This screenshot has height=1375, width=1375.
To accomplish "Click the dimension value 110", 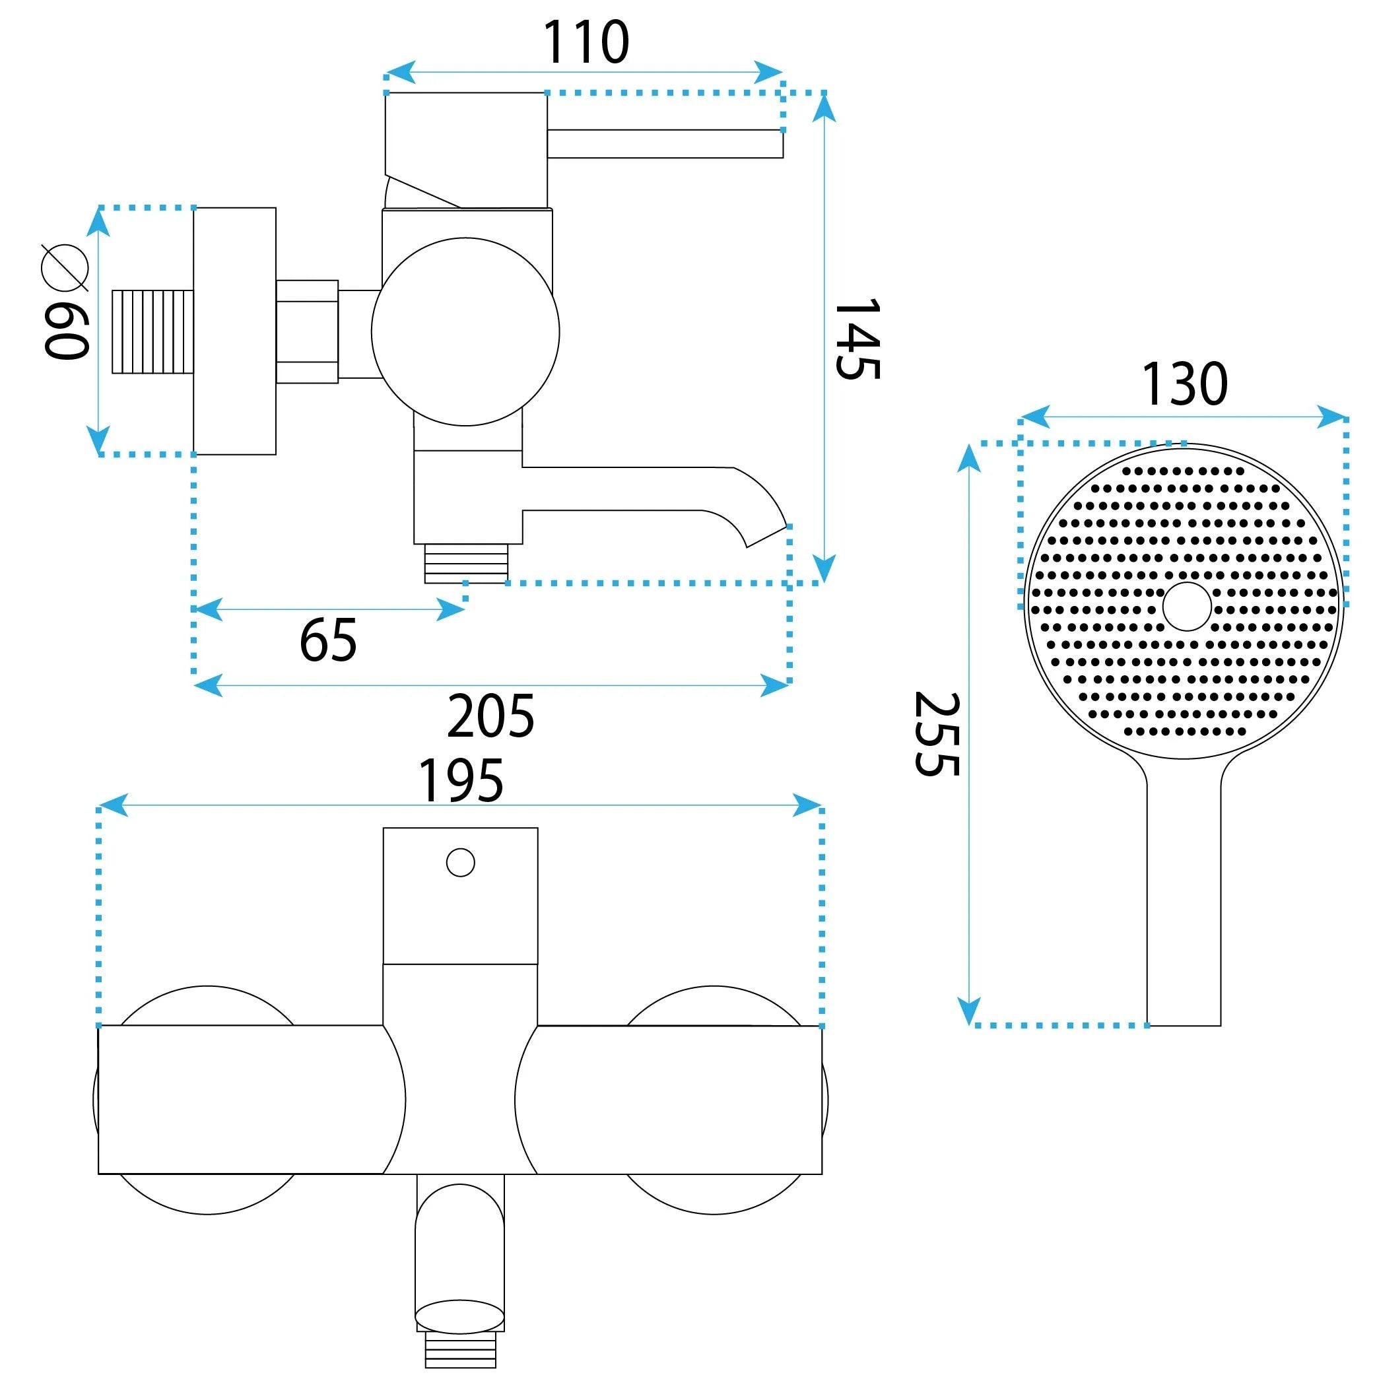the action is click(586, 42).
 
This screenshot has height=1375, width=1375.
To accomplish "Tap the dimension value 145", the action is click(858, 339).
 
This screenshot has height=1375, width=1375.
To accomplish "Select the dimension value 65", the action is click(328, 640).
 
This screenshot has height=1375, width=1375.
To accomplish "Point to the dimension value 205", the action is click(490, 716).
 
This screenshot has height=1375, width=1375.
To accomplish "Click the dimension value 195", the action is click(461, 781).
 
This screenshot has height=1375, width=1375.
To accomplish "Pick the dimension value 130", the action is click(1185, 384).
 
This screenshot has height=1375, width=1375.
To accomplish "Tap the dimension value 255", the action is click(937, 734).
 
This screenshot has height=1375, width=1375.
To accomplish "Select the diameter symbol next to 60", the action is click(65, 267).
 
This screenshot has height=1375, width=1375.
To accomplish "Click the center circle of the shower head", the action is click(1187, 607).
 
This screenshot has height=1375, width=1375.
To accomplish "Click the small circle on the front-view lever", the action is click(461, 863).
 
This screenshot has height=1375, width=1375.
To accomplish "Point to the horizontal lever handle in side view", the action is click(665, 144).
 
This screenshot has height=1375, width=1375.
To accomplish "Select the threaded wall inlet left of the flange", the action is click(153, 331).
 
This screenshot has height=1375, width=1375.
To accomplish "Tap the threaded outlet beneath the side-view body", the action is click(466, 564).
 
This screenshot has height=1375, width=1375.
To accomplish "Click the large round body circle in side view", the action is click(465, 331).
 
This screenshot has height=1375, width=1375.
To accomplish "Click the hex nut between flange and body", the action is click(307, 331).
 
